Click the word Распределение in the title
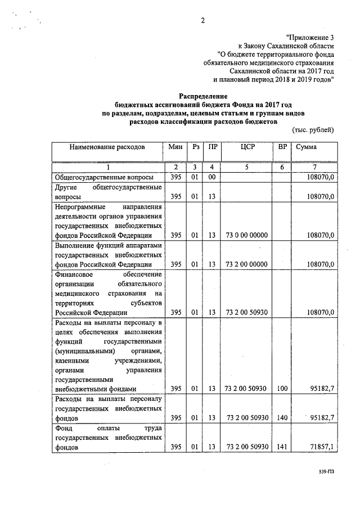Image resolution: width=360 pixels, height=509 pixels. tap(202, 97)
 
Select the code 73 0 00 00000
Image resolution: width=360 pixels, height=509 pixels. tap(246, 235)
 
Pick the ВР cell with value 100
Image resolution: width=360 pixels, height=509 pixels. tap(282, 389)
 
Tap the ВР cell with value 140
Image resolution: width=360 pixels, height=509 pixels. tap(282, 418)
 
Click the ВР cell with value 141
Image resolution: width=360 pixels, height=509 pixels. tap(282, 447)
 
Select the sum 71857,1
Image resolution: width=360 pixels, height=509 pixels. tap(322, 447)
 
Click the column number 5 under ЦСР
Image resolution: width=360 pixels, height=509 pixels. tap(247, 167)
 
